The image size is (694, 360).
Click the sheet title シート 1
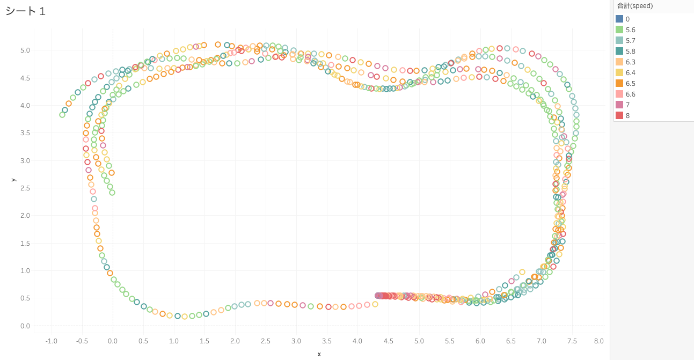pos(26,11)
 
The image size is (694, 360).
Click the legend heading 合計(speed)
pos(634,6)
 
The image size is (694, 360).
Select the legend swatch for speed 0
pos(619,19)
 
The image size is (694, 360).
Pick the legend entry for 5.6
pos(630,30)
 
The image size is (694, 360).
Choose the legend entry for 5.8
pos(630,52)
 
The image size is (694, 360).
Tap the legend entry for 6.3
pos(630,62)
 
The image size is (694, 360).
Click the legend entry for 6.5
pos(630,84)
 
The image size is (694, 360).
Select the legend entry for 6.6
pos(630,94)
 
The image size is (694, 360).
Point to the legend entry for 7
pos(627,105)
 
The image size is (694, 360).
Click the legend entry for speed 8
pos(627,116)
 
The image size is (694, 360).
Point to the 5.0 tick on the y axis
pos(25,50)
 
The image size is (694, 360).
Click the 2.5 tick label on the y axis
pos(25,188)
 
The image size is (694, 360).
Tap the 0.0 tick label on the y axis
pos(25,326)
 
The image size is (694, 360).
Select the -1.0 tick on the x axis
pos(52,341)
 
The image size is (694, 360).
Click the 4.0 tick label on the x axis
pos(357,341)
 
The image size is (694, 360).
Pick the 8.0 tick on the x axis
pos(598,341)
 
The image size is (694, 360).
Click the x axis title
pos(319,354)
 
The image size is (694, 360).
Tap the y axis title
pos(13,180)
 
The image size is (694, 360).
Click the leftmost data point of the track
pos(62,114)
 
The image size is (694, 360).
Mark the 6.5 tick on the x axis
pos(510,341)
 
